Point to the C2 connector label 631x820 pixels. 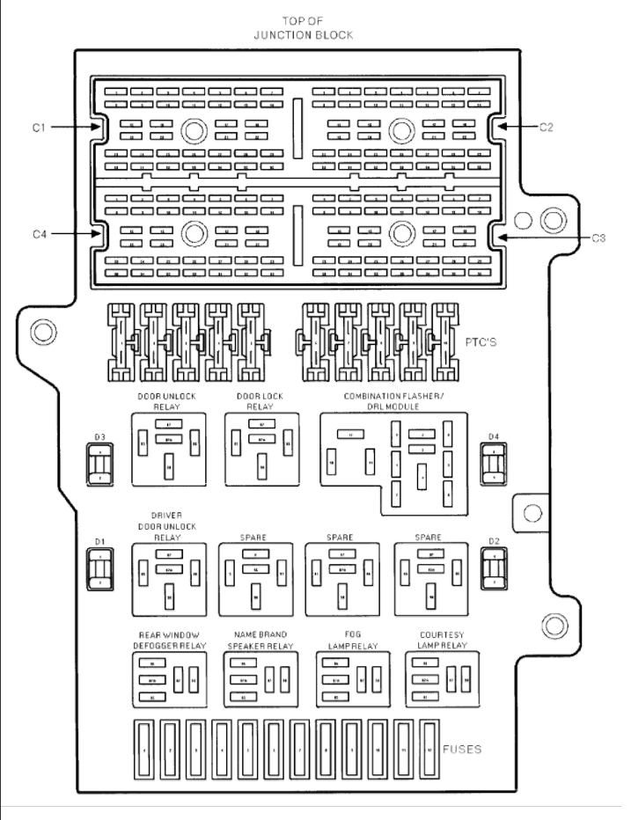tap(547, 127)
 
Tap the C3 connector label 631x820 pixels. tap(598, 238)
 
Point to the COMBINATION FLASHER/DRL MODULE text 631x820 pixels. tap(393, 401)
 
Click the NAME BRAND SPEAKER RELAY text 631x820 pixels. tap(261, 639)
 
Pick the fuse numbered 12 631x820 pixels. tap(430, 750)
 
